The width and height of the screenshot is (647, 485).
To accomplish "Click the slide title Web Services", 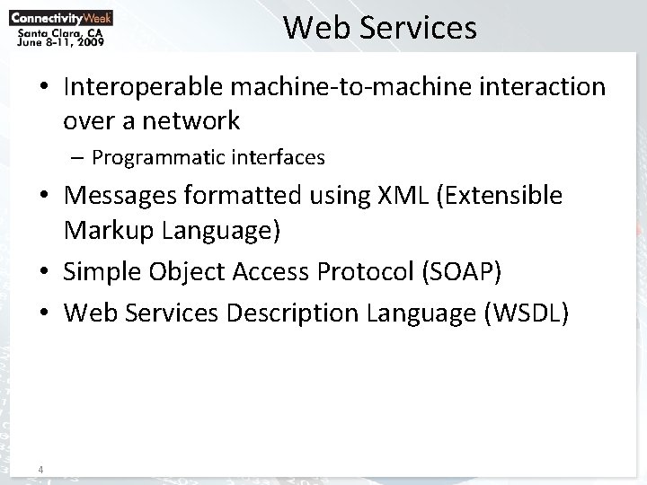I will pos(380,28).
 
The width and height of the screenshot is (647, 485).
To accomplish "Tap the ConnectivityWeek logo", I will pos(61,15).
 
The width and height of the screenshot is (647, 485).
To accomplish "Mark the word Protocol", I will pos(364,273).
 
